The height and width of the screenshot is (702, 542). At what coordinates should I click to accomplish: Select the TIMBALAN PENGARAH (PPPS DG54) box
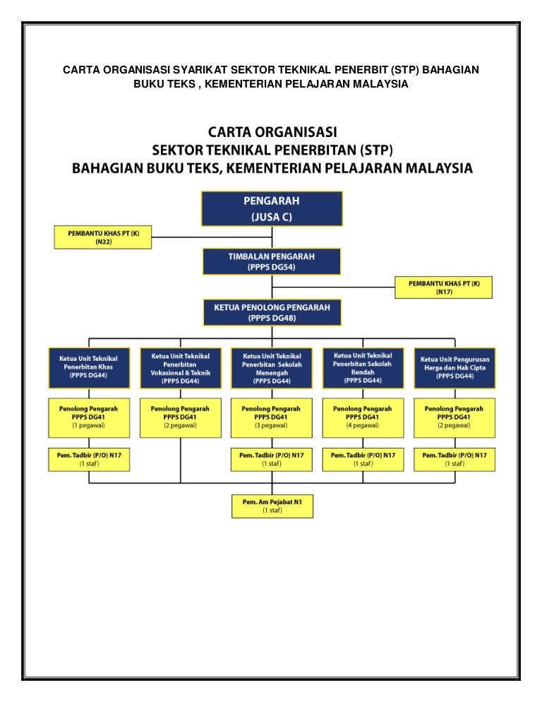point(272,261)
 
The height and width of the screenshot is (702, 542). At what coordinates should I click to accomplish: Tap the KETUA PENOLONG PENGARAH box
point(272,312)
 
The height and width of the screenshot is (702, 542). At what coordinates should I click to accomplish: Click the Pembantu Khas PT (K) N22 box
point(103,237)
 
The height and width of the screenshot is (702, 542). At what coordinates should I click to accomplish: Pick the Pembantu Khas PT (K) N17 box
point(443,287)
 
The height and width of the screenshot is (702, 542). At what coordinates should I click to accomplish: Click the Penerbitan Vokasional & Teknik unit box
point(181,367)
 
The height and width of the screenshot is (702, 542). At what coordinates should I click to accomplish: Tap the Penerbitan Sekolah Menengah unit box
point(272,367)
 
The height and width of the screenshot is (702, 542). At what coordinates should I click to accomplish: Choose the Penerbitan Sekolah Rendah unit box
point(363,367)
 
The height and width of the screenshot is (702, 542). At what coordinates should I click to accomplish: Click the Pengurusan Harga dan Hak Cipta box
point(453,367)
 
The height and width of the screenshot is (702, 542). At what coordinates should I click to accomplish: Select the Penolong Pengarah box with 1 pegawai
point(89,417)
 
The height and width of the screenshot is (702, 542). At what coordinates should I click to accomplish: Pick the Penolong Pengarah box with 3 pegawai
point(272,417)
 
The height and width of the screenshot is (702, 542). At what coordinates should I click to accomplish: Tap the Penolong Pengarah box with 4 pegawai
point(363,417)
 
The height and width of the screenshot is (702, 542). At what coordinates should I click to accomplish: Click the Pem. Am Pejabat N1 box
point(272,506)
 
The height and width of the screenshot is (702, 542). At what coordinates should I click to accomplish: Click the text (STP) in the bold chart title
point(374,150)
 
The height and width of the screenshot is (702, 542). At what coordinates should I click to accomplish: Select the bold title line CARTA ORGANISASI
point(272,132)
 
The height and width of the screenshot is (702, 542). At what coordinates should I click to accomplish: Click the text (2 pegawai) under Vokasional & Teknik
point(181,427)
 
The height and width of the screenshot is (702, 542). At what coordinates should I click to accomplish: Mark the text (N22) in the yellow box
point(103,242)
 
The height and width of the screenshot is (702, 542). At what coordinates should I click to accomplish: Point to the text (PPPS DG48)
point(272,318)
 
